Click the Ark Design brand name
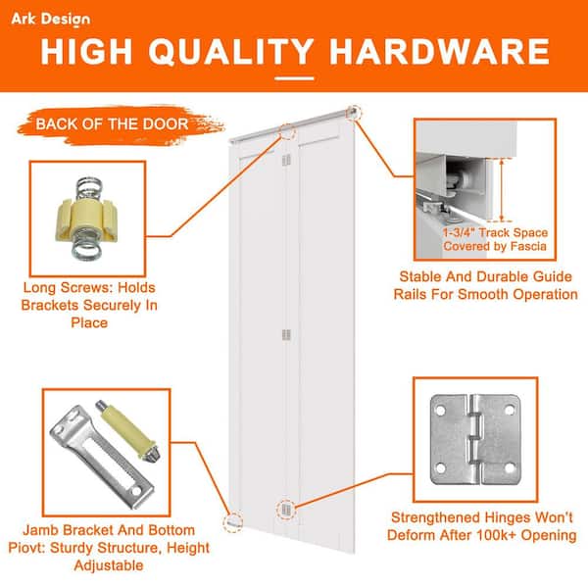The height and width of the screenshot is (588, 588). click(51, 20)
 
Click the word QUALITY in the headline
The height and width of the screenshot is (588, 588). click(231, 51)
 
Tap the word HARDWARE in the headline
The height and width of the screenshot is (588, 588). click(439, 51)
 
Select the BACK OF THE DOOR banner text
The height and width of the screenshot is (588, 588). click(112, 124)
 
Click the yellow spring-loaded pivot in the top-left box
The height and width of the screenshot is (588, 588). click(88, 219)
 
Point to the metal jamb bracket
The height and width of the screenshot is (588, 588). click(101, 457)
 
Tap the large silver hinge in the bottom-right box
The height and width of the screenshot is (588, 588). click(474, 439)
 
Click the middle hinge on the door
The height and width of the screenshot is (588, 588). click(286, 335)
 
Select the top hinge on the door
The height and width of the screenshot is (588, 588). click(286, 160)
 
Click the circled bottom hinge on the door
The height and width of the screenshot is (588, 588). click(286, 510)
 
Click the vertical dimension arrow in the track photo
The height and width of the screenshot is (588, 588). click(502, 190)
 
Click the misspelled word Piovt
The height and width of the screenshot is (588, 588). click(26, 548)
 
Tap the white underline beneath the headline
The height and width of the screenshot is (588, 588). click(294, 78)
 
